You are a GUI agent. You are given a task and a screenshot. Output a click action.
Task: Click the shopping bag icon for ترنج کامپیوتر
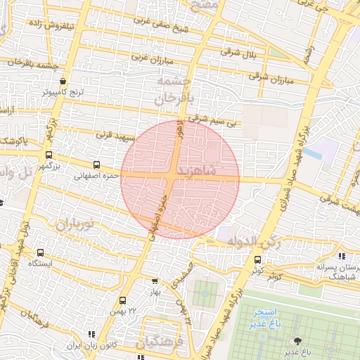[63, 81]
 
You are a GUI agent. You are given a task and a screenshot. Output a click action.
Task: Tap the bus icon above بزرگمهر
[49, 155]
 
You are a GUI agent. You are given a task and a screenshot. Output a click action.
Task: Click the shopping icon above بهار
[155, 281]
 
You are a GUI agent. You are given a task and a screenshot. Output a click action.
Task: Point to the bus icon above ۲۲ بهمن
[123, 300]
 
